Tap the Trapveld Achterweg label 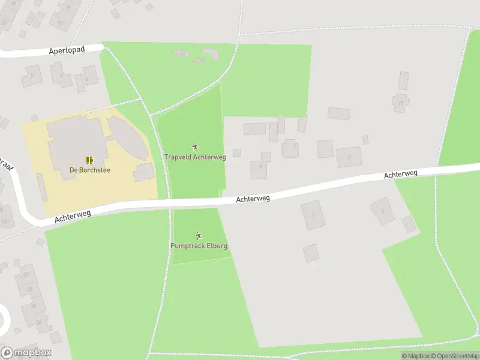195,157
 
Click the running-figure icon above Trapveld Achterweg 195,147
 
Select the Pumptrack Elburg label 199,246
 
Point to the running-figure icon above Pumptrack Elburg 199,236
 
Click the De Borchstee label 90,170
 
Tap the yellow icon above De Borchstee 90,160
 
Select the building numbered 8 348,157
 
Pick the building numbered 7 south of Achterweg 313,215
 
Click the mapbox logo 26,353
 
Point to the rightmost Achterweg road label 400,174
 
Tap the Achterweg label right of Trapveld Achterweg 253,197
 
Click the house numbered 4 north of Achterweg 260,166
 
